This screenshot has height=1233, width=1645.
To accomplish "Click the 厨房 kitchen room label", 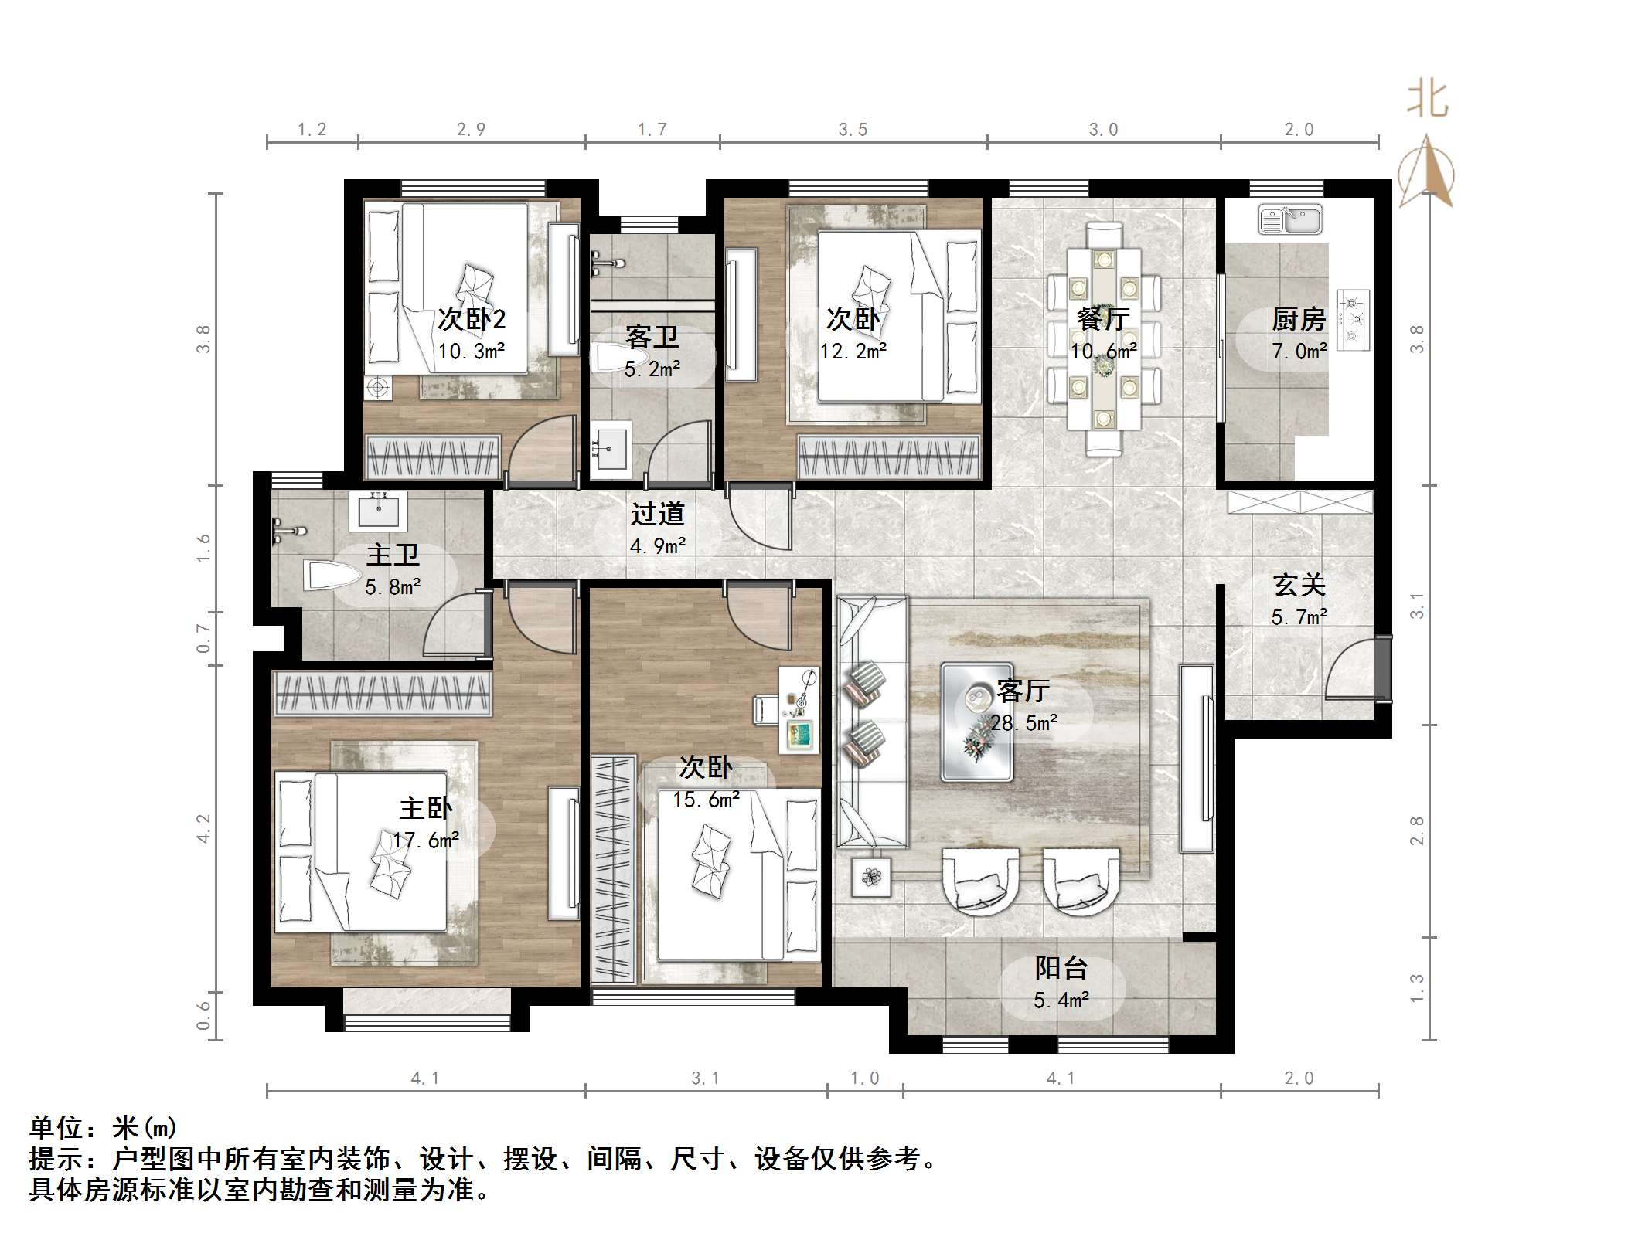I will [x=1299, y=319].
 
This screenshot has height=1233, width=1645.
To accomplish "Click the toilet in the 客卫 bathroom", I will [x=615, y=358].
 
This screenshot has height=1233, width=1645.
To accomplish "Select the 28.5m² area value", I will [x=1024, y=723].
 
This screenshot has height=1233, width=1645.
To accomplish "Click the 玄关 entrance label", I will [x=1299, y=585].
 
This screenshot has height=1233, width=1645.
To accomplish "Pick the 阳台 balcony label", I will [x=1061, y=968].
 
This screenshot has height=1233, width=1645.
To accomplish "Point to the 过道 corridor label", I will [x=657, y=514].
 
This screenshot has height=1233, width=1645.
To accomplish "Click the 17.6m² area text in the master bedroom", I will [x=426, y=841].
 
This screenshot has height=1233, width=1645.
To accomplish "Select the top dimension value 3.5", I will [x=853, y=130].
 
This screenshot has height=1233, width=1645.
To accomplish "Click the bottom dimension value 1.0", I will [x=864, y=1078].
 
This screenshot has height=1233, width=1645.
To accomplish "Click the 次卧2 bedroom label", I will [x=472, y=319].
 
